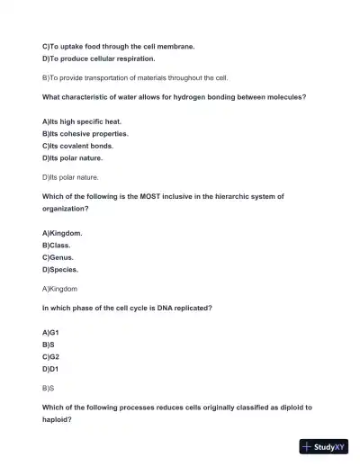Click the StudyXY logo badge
[x=324, y=446]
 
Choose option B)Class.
[x=56, y=245]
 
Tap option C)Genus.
[x=59, y=257]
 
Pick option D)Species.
[x=60, y=269]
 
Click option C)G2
[x=50, y=356]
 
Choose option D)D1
[x=50, y=369]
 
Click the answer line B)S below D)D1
[x=49, y=389]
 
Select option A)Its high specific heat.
[x=82, y=121]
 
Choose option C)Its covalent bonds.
[x=81, y=145]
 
